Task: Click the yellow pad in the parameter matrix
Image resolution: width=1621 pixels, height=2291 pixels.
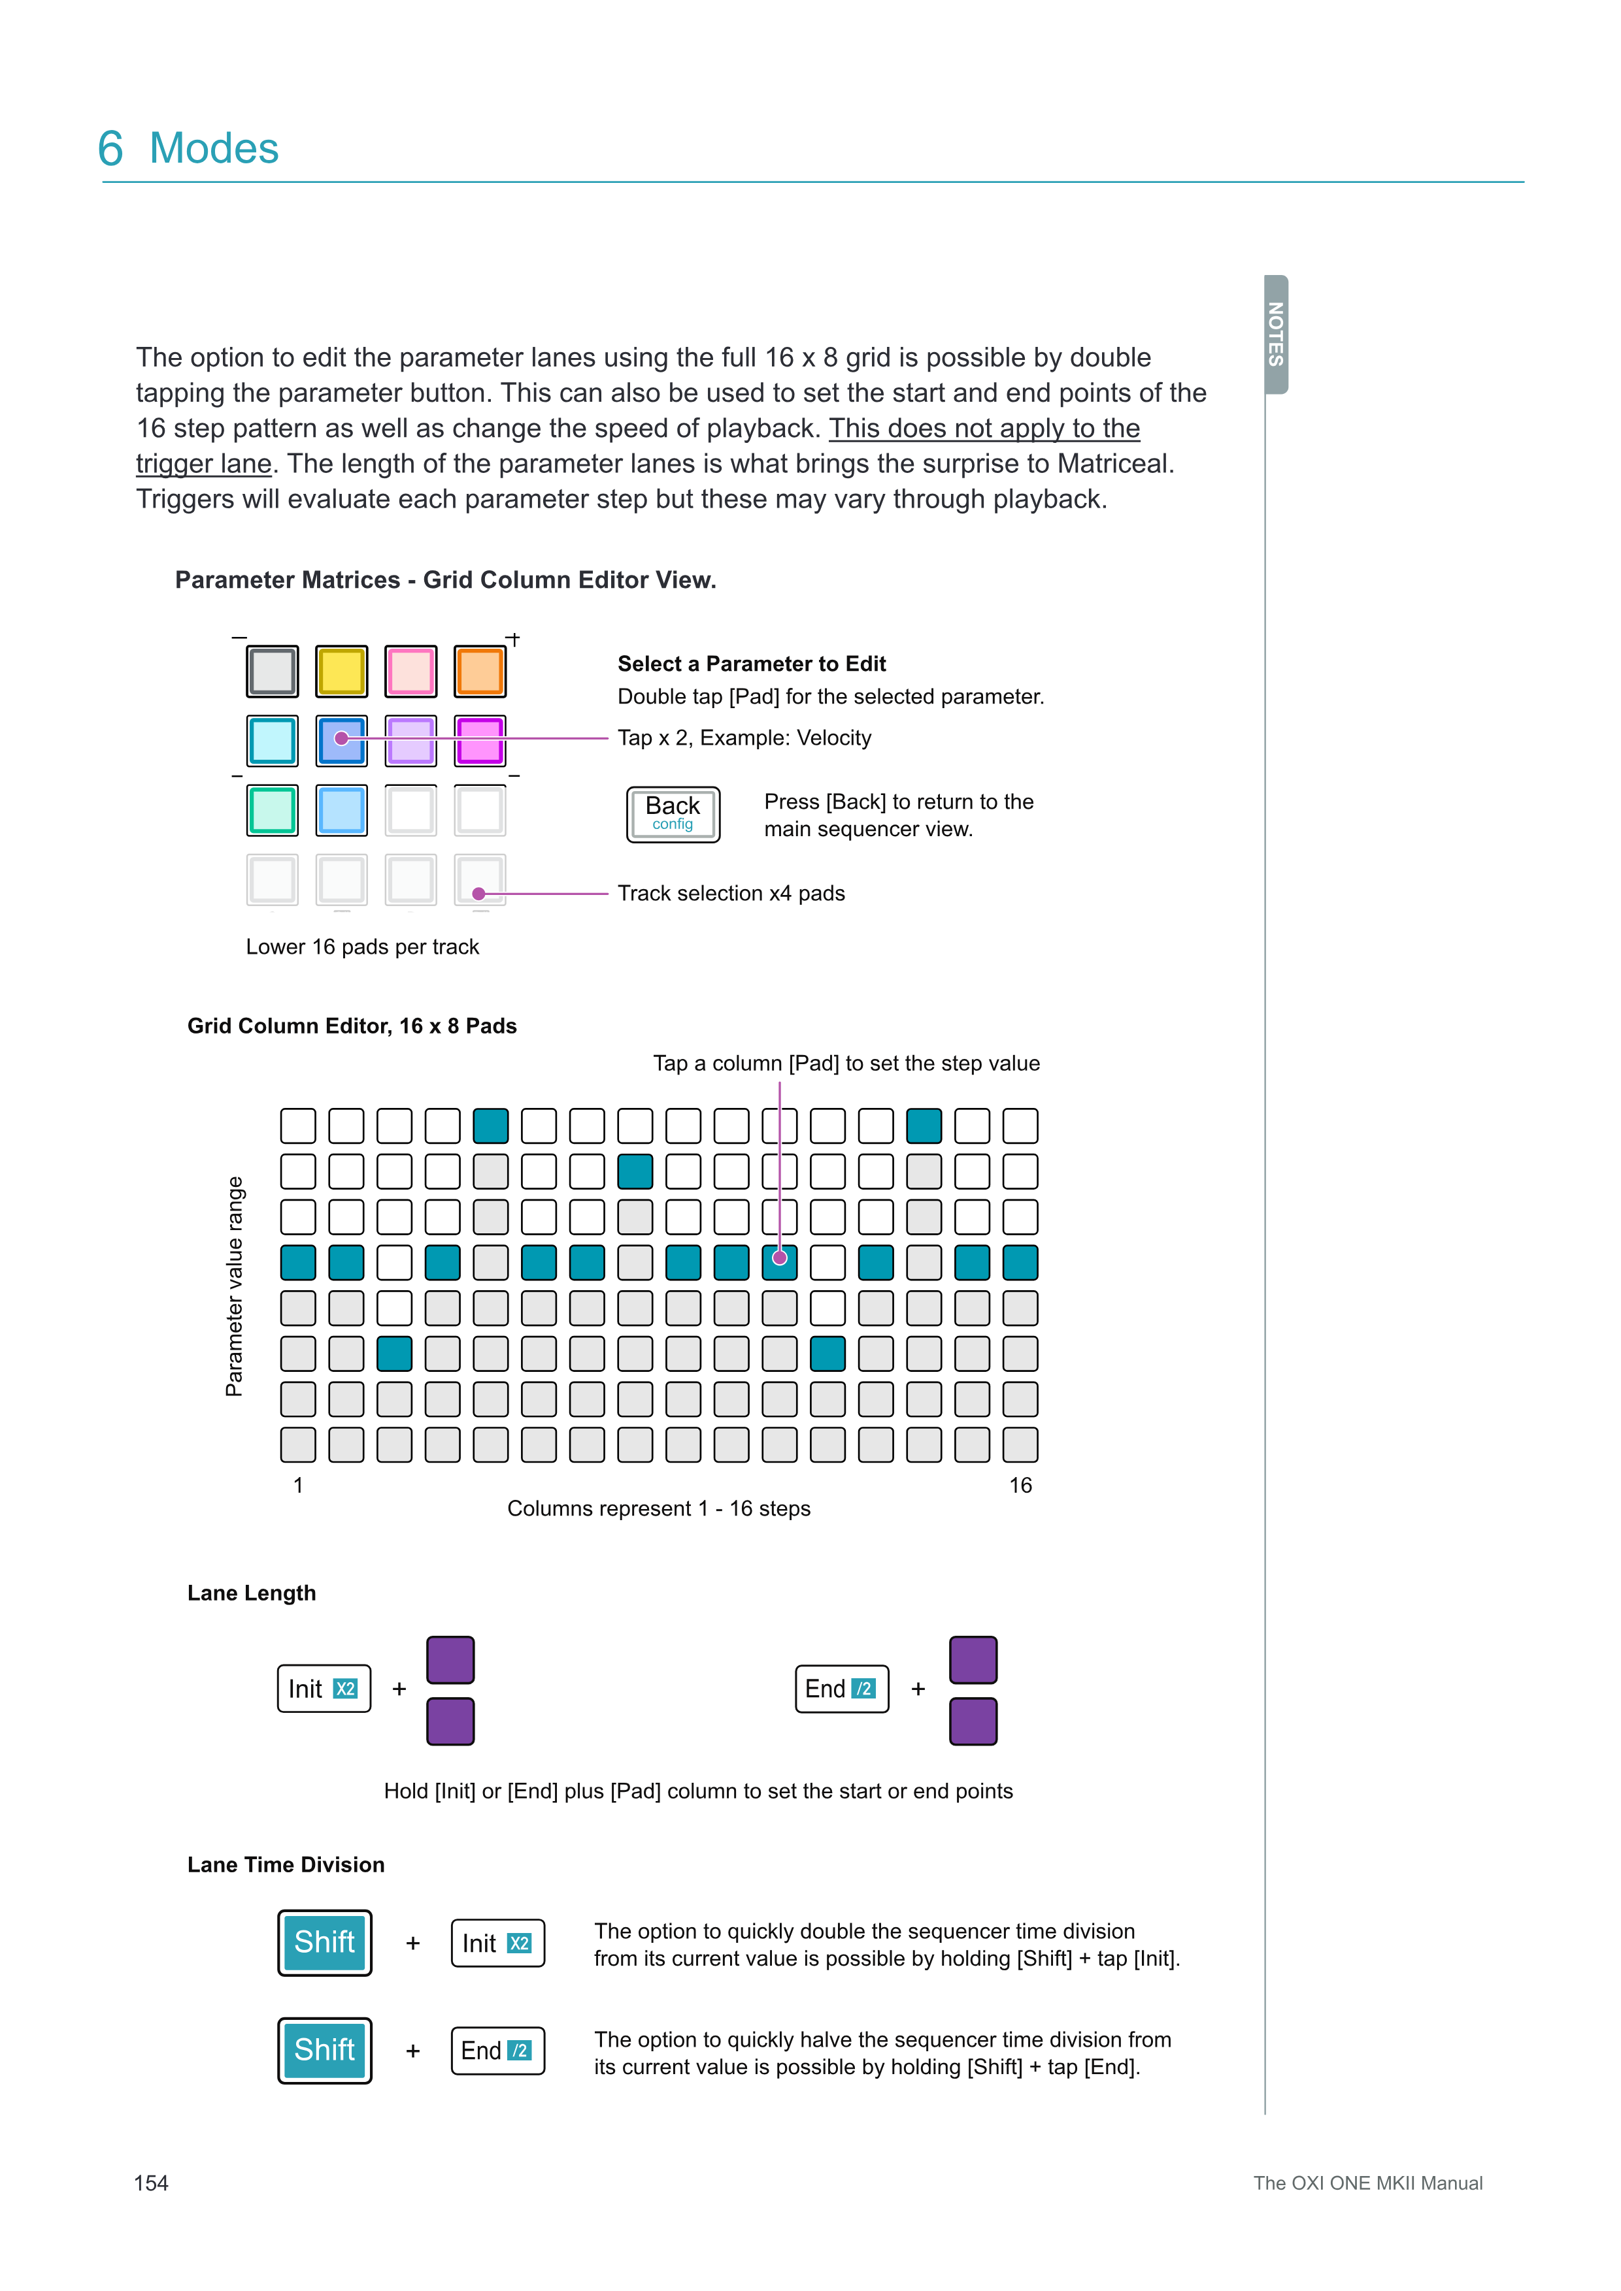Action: point(341,672)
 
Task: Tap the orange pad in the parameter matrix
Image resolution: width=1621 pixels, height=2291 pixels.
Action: point(480,672)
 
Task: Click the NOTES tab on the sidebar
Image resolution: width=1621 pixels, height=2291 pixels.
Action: point(1276,334)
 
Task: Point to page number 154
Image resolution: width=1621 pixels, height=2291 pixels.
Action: point(151,2183)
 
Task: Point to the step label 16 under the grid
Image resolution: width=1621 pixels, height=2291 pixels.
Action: point(1020,1485)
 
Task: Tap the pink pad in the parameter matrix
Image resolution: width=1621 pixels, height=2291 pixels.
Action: point(410,672)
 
